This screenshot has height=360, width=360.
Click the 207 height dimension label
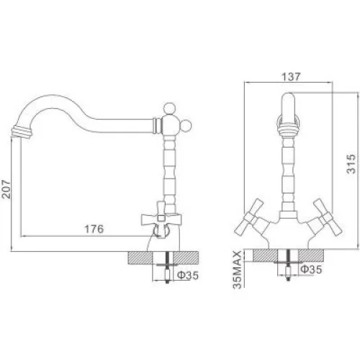coord(6,189)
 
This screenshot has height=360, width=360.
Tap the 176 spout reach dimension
coord(94,229)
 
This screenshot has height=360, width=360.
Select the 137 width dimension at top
coord(291,77)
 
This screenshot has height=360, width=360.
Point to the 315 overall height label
coord(351,164)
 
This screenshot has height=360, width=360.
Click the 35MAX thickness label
coord(238,270)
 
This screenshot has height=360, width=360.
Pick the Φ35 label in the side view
coord(188,275)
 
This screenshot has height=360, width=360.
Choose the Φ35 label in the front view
coord(311,269)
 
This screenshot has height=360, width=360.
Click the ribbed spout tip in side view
coord(22,132)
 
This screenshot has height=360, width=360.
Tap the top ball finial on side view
coord(169,109)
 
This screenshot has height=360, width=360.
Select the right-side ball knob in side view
coord(186,127)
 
